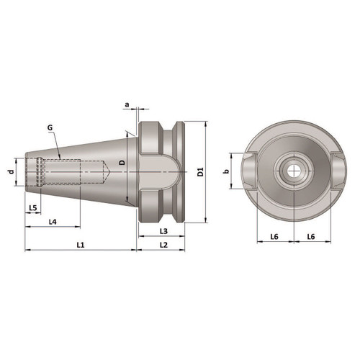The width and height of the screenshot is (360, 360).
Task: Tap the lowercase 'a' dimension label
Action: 127,105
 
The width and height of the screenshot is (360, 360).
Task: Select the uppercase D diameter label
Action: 122,164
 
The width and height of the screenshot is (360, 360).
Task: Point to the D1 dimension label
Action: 201,173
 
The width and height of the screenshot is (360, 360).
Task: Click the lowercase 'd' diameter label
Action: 10,172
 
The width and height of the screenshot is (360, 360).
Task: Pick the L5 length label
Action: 32,208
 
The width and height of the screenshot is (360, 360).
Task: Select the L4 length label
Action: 53,222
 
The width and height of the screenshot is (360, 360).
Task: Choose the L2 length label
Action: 163,246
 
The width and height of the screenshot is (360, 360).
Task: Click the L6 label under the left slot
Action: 274,236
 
